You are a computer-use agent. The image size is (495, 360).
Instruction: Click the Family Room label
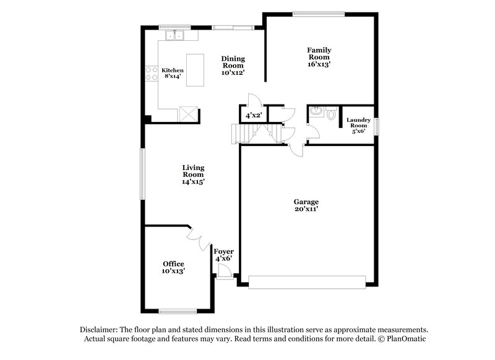[x=319, y=54]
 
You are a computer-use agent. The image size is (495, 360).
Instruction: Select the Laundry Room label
[x=358, y=122]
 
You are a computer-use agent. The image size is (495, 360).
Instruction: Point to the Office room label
[x=173, y=264]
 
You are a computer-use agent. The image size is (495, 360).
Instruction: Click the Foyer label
[x=223, y=251]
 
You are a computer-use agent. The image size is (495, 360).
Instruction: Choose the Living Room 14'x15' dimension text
[x=193, y=182]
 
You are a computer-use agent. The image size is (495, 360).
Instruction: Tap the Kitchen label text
[x=173, y=71]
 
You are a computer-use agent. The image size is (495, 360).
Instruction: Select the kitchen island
[x=195, y=70]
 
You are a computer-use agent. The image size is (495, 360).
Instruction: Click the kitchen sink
[x=174, y=35]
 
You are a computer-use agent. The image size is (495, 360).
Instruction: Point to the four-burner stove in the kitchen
[x=152, y=74]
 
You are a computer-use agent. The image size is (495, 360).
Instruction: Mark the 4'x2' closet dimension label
[x=253, y=116]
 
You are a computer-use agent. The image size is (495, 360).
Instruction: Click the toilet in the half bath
[x=332, y=114]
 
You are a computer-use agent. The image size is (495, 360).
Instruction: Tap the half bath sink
[x=317, y=111]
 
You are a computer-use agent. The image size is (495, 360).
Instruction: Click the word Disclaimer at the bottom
[x=101, y=330]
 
